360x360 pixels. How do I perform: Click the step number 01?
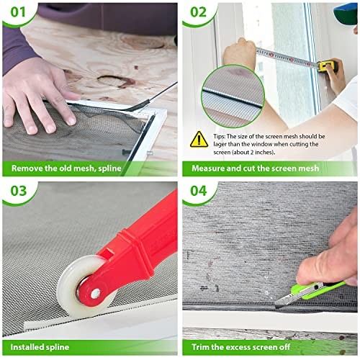coord(18,12)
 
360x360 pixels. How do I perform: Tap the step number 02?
coord(198,12)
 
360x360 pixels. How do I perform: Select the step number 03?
coord(18,191)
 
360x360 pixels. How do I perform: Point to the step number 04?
coord(199,191)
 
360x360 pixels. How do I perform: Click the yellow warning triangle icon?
coord(199,140)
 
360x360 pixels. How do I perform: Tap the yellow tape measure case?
coord(328,66)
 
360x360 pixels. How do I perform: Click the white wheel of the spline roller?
coord(81,287)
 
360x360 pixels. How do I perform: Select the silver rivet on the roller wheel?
coord(96,293)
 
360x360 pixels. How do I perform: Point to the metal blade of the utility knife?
coord(286,299)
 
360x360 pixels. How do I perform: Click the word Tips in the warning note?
coord(219,137)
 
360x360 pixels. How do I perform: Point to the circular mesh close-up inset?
coord(233,96)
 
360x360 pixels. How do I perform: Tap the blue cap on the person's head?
coord(346,12)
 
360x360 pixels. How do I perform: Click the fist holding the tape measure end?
coord(240,54)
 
